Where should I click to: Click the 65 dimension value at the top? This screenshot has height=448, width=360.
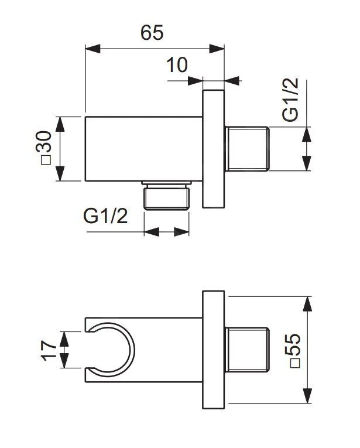click(152, 33)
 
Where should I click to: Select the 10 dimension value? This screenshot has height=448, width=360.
click(177, 65)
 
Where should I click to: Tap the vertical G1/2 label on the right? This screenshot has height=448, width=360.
click(290, 100)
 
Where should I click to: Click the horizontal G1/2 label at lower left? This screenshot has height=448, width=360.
click(105, 216)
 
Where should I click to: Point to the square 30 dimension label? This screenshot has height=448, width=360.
click(44, 148)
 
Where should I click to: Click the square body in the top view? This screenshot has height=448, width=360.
click(143, 149)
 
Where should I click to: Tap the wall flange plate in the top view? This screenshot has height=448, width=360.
click(214, 149)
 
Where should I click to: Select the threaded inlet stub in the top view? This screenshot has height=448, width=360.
click(247, 149)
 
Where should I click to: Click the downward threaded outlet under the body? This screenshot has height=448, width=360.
click(167, 197)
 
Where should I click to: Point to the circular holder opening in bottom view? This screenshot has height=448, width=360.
click(115, 350)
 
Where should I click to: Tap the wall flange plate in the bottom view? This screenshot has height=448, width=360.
click(214, 350)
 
